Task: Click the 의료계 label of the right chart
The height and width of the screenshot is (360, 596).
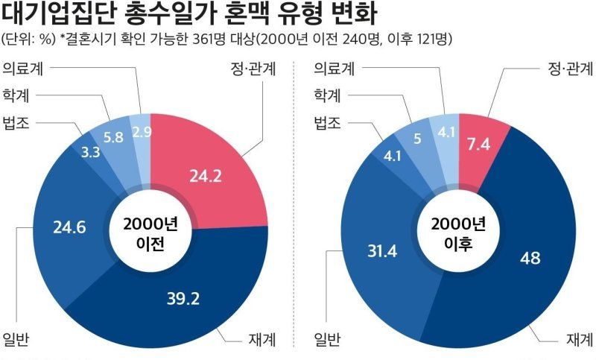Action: tap(334, 69)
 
